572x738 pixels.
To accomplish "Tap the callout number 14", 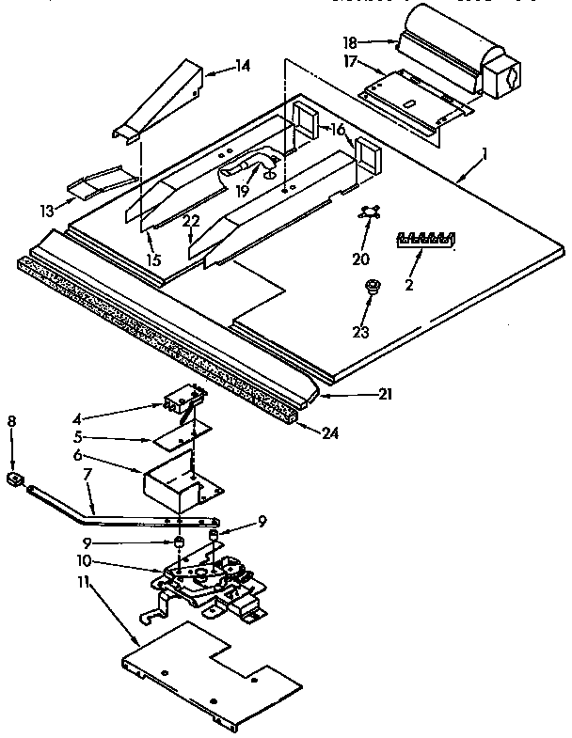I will (243, 66).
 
